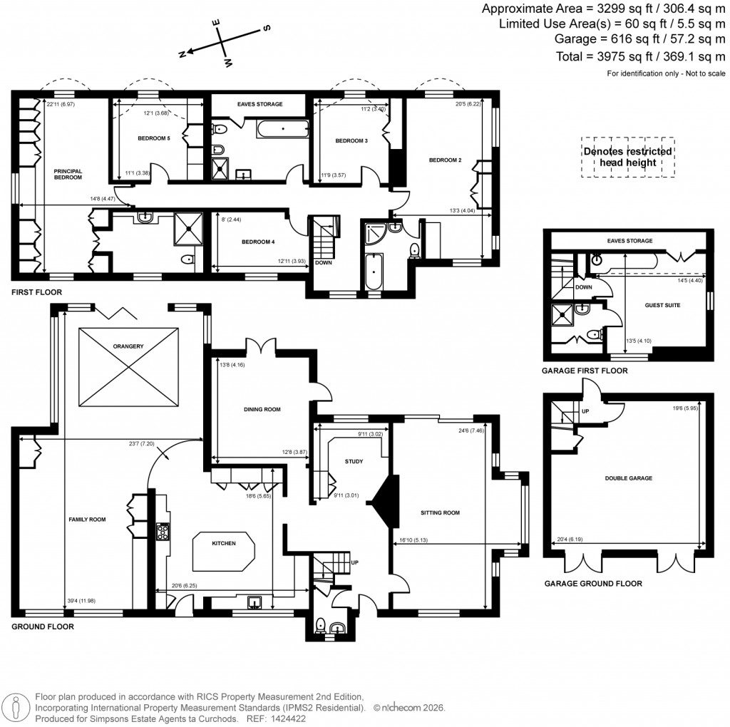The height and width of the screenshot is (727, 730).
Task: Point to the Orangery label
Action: click(128, 346)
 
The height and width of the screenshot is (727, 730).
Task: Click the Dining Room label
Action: click(262, 410)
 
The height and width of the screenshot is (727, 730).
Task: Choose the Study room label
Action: click(354, 461)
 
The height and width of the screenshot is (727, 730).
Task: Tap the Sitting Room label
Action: click(441, 512)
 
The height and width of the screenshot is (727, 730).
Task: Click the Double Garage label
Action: click(628, 478)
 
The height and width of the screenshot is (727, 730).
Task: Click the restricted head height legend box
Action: click(627, 157)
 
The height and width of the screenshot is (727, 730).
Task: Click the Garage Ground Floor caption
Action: click(592, 583)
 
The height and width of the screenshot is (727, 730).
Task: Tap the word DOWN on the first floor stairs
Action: click(322, 262)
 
